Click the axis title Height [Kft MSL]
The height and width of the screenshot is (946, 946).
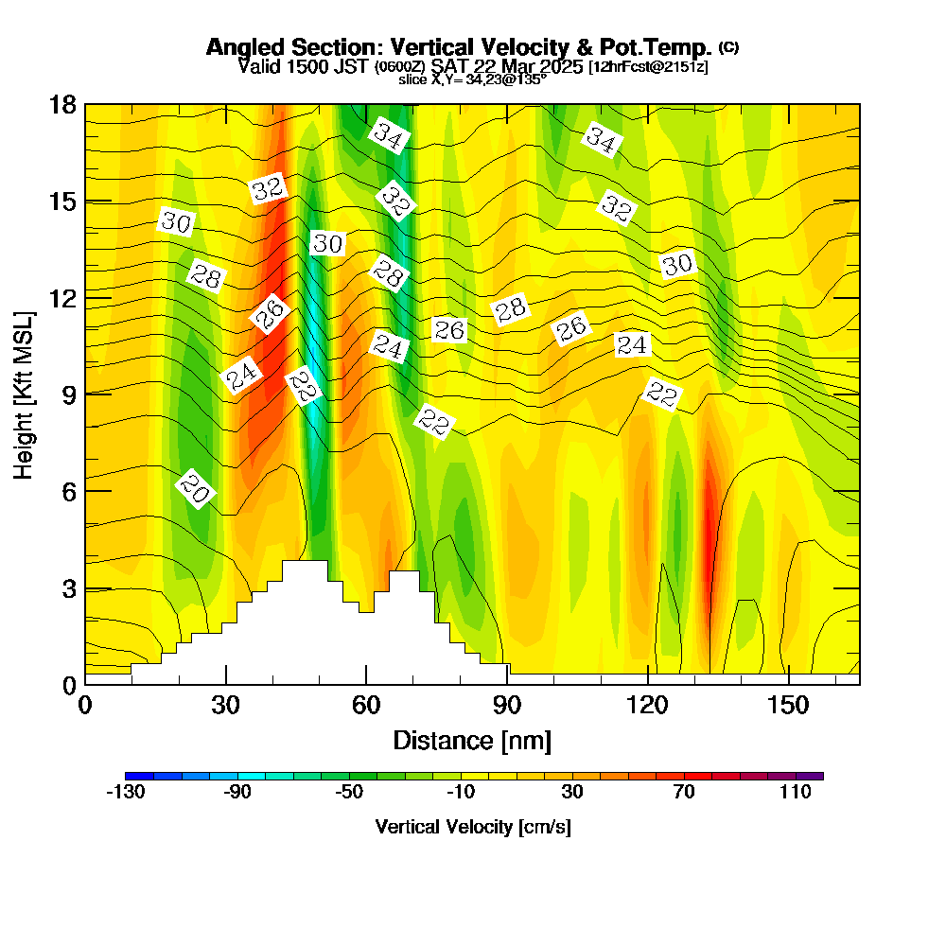pos(23,394)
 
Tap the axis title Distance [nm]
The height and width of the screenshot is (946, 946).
pos(472,740)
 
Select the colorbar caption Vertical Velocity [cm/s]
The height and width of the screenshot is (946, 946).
pos(473,827)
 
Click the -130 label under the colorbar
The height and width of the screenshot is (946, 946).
pos(125,793)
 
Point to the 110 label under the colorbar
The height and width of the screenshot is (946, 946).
pos(796,793)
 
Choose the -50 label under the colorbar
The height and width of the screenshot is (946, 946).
pos(349,793)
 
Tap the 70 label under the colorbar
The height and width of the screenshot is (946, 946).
pos(684,793)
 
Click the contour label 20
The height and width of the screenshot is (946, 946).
pos(195,489)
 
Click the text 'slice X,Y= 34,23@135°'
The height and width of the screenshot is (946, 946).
pos(472,79)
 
